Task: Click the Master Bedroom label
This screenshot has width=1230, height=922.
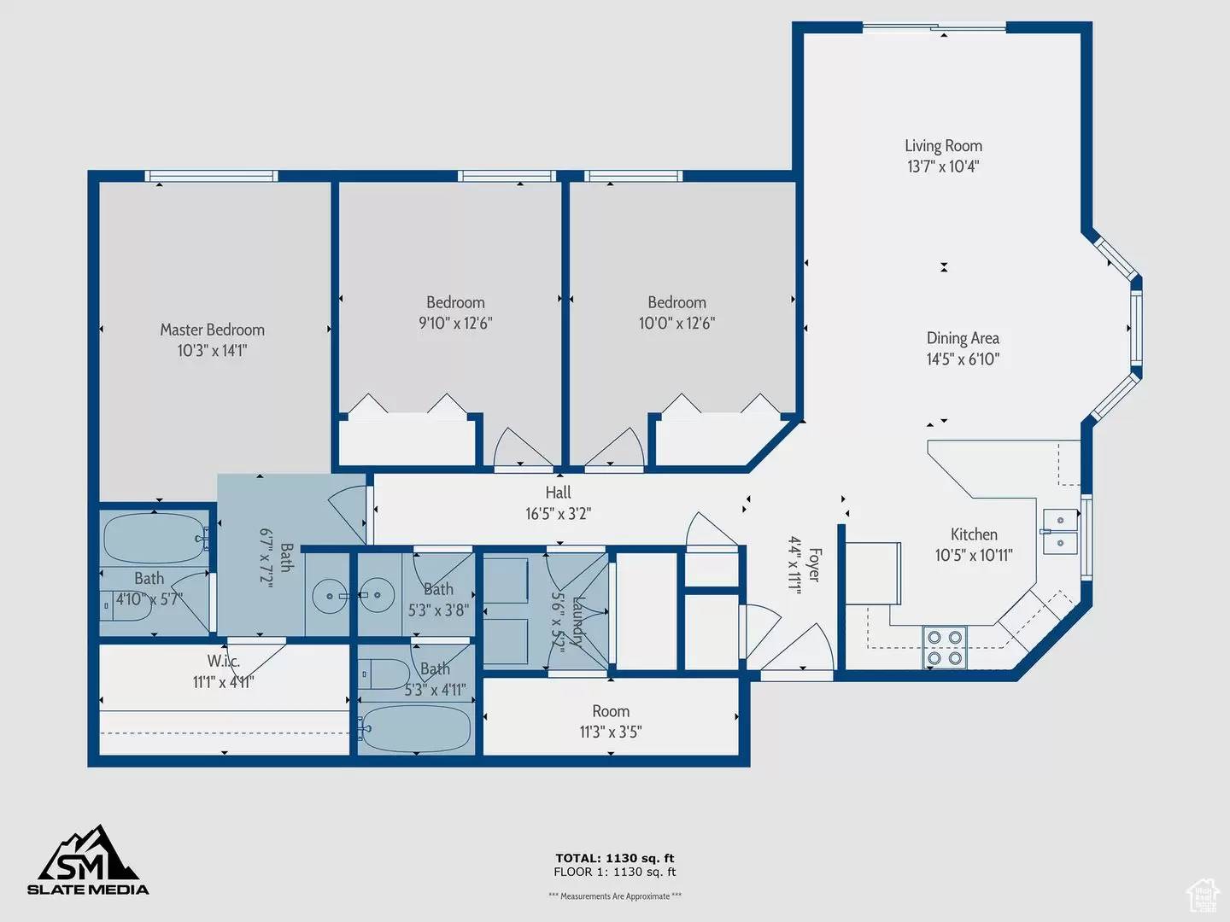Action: pyautogui.click(x=212, y=330)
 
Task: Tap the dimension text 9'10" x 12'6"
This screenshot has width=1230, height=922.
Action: pyautogui.click(x=455, y=324)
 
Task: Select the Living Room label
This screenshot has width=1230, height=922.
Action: pyautogui.click(x=943, y=146)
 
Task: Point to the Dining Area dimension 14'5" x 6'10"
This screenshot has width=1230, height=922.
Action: pyautogui.click(x=963, y=359)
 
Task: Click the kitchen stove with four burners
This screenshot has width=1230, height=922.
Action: pyautogui.click(x=944, y=647)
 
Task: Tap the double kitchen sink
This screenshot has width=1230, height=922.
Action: pyautogui.click(x=1060, y=531)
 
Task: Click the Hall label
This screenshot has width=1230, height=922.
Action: pyautogui.click(x=558, y=493)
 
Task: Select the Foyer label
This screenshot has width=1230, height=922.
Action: pyautogui.click(x=814, y=565)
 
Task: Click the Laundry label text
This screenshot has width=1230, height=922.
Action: pyautogui.click(x=578, y=621)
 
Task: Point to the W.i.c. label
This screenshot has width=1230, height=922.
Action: pyautogui.click(x=223, y=661)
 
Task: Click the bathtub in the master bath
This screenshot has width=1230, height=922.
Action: pyautogui.click(x=155, y=539)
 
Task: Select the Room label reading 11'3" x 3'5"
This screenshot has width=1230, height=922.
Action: pyautogui.click(x=611, y=711)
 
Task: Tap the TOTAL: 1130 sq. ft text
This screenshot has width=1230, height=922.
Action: pyautogui.click(x=614, y=858)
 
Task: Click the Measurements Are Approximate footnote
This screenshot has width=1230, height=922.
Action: pyautogui.click(x=614, y=896)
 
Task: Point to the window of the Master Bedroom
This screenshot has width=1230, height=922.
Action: pyautogui.click(x=211, y=176)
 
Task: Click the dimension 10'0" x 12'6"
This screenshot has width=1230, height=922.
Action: pyautogui.click(x=676, y=324)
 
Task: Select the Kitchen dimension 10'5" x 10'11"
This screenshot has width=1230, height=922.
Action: pyautogui.click(x=974, y=556)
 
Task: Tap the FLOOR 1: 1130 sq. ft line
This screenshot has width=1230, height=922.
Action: pyautogui.click(x=614, y=872)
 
